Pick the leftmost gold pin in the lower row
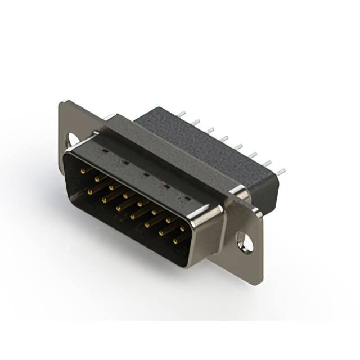click(x=90, y=191)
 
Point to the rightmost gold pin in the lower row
click(x=175, y=242)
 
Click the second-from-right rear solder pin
click(x=266, y=163)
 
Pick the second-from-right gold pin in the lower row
click(x=161, y=233)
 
